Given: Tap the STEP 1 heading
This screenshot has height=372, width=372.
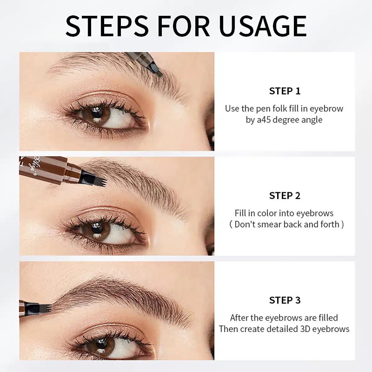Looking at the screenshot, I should pos(285,91).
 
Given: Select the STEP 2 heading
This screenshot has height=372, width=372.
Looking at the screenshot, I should pos(285,196).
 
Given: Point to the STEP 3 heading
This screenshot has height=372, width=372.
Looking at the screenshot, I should pos(285,300).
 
